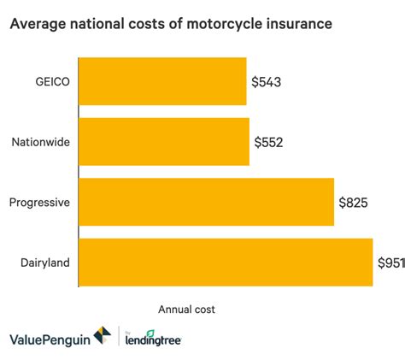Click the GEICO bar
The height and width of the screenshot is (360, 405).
162,82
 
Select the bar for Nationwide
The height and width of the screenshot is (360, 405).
164,142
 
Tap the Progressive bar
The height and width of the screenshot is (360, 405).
206,202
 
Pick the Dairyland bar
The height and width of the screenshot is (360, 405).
226,262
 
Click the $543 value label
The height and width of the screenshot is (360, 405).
268,82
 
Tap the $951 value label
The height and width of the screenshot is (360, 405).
390,262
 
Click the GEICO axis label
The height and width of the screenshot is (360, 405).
52,82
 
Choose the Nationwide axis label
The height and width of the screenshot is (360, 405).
41,142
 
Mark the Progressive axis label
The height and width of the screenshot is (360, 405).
39,202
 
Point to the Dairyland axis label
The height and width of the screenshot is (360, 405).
44,262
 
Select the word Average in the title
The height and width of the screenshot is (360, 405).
41,27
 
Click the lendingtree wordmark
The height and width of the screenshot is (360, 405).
156,340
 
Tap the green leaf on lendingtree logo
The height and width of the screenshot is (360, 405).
150,333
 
